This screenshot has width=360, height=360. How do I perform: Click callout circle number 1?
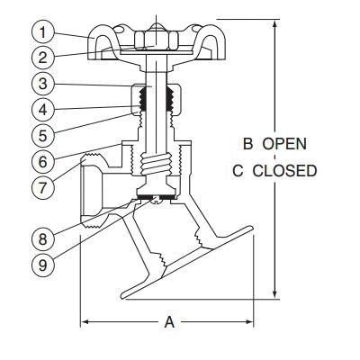pos(43,32)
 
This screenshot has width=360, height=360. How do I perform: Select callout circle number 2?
pos(43,58)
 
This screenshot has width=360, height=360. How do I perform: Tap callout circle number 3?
pos(43,84)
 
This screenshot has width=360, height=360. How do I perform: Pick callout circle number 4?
pos(43,110)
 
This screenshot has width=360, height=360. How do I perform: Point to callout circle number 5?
pos(43,136)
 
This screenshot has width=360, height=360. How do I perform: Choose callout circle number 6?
pos(43,162)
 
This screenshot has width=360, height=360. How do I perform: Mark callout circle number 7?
pos(43,188)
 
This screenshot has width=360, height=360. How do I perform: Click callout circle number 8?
pos(43,239)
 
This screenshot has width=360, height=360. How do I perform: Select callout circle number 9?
pos(43,265)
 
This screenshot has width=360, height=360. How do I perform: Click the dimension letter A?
pos(169,322)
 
